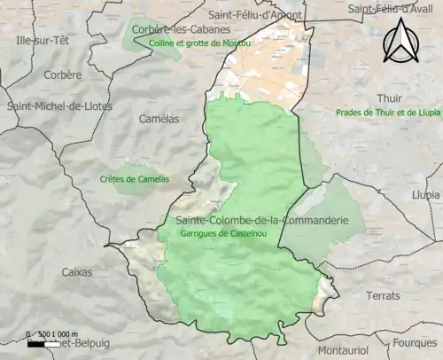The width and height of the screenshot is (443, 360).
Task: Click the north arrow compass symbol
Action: pos(401,42)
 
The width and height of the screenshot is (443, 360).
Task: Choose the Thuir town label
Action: pos(388,98)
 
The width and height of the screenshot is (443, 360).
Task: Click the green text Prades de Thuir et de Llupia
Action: pos(388,113)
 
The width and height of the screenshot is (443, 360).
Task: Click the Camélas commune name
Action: pos(159,118)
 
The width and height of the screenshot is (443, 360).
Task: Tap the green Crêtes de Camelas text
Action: pos(134,179)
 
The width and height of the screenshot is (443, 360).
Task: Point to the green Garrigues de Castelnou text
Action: pos(218,232)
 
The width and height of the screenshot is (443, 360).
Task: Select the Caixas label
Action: pos(76,272)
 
